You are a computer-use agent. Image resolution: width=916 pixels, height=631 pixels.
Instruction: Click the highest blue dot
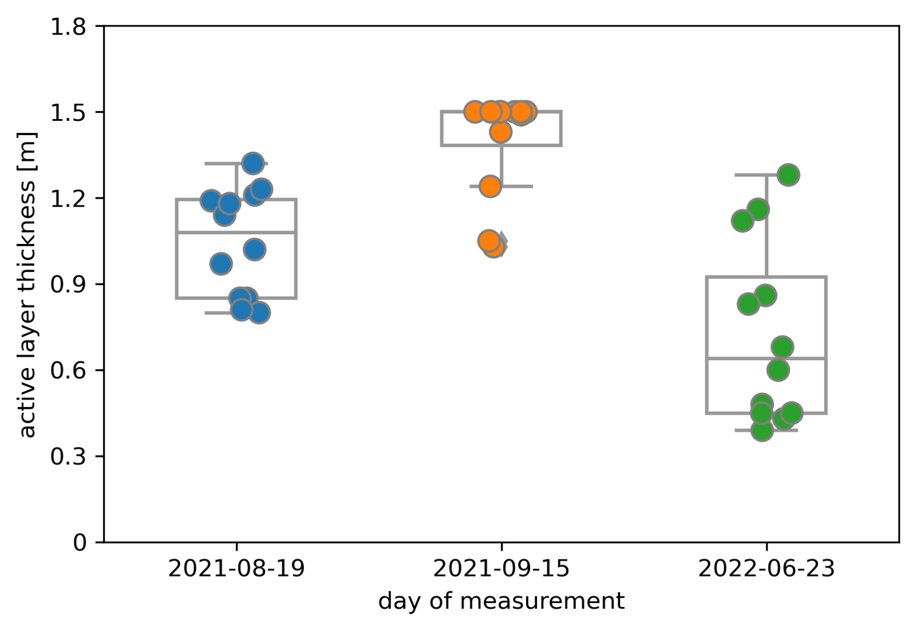252,163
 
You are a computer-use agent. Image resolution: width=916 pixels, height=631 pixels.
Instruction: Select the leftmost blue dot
211,200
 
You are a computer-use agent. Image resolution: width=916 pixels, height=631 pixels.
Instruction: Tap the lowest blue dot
259,313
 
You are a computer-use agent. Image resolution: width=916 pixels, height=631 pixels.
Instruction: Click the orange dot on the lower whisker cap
490,186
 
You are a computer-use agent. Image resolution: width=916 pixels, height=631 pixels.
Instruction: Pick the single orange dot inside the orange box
500,132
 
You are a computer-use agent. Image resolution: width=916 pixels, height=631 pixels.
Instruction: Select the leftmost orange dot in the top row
475,112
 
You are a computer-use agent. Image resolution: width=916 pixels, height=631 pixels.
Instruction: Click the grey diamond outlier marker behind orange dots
503,244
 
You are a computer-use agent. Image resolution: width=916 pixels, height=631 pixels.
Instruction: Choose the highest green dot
788,175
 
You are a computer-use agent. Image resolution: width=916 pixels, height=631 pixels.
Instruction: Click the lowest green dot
762,429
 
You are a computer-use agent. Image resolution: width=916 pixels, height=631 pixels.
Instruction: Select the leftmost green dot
743,220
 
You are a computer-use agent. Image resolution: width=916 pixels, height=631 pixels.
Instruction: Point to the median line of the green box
733,358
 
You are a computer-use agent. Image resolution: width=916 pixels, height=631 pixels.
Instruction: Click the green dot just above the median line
782,346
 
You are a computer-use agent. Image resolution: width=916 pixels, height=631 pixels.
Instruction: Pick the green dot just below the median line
778,370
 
